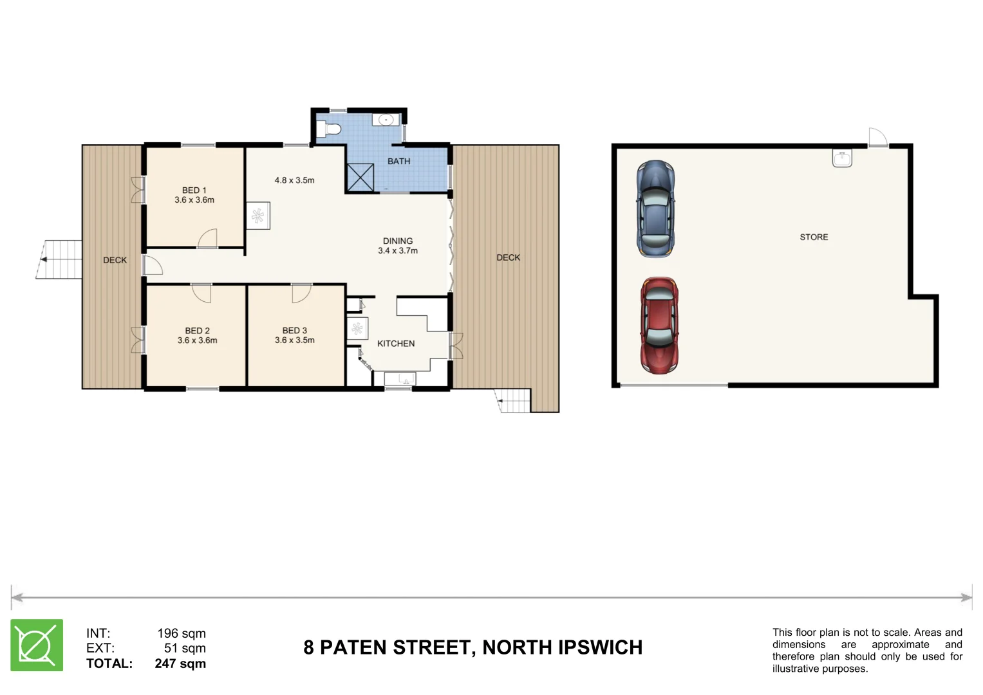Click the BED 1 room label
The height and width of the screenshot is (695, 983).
click(x=194, y=190)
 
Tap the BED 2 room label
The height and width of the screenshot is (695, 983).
click(x=197, y=331)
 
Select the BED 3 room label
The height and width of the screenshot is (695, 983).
click(x=295, y=331)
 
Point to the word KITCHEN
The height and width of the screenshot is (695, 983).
click(x=396, y=344)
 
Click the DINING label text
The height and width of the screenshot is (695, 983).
click(x=398, y=241)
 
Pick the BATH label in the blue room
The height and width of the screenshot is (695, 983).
click(x=398, y=162)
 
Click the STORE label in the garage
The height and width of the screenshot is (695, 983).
click(x=814, y=237)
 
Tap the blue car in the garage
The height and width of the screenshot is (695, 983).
click(x=655, y=209)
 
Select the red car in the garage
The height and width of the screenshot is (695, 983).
click(x=659, y=325)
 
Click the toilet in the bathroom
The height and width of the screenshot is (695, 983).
click(x=329, y=129)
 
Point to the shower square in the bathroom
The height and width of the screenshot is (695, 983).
click(x=360, y=178)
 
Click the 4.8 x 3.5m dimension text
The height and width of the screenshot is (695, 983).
click(x=294, y=181)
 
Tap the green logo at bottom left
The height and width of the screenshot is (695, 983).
click(x=37, y=645)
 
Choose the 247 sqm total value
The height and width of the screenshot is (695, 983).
click(x=180, y=663)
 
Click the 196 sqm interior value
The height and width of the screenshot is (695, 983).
click(x=182, y=633)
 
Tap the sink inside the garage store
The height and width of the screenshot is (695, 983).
click(x=842, y=158)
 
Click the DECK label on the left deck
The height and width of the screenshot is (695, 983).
click(x=115, y=261)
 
